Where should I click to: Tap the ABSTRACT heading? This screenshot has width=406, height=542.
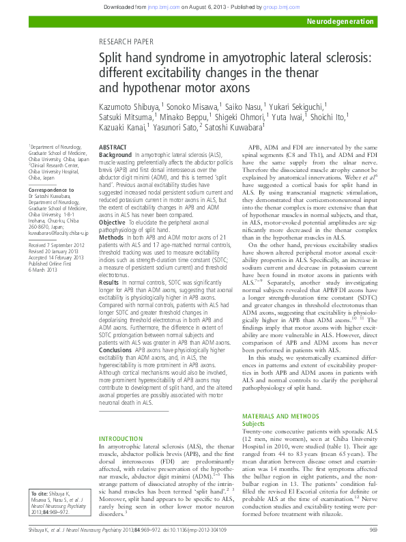(113, 147)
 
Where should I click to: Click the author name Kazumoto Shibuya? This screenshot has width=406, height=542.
(130, 106)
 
